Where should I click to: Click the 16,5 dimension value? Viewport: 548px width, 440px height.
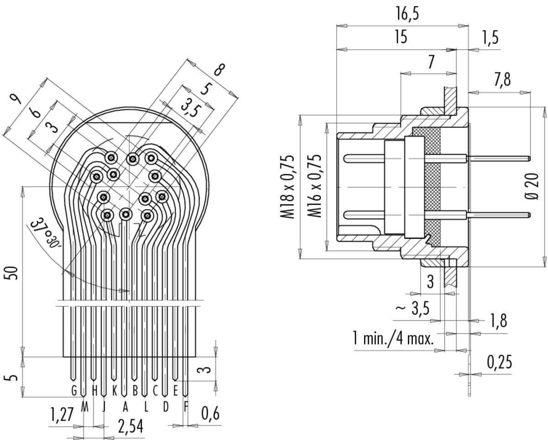point(407,14)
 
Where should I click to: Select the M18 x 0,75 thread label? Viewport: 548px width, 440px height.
point(288,187)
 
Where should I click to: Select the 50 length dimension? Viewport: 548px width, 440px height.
point(13,273)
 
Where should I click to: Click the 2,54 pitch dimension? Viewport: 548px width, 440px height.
point(131,426)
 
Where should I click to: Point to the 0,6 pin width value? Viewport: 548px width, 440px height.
point(211,414)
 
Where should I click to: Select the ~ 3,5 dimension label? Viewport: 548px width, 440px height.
point(412,309)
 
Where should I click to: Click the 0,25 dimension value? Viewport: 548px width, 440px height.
point(499,362)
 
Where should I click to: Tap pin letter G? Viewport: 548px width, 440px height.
point(74,390)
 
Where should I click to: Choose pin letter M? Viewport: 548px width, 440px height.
point(84,408)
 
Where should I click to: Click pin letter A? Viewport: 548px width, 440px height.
point(125,408)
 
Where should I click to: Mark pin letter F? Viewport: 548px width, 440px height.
point(186,408)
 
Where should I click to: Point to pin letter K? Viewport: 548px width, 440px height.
point(115,390)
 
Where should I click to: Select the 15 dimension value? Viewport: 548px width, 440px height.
point(401,37)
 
